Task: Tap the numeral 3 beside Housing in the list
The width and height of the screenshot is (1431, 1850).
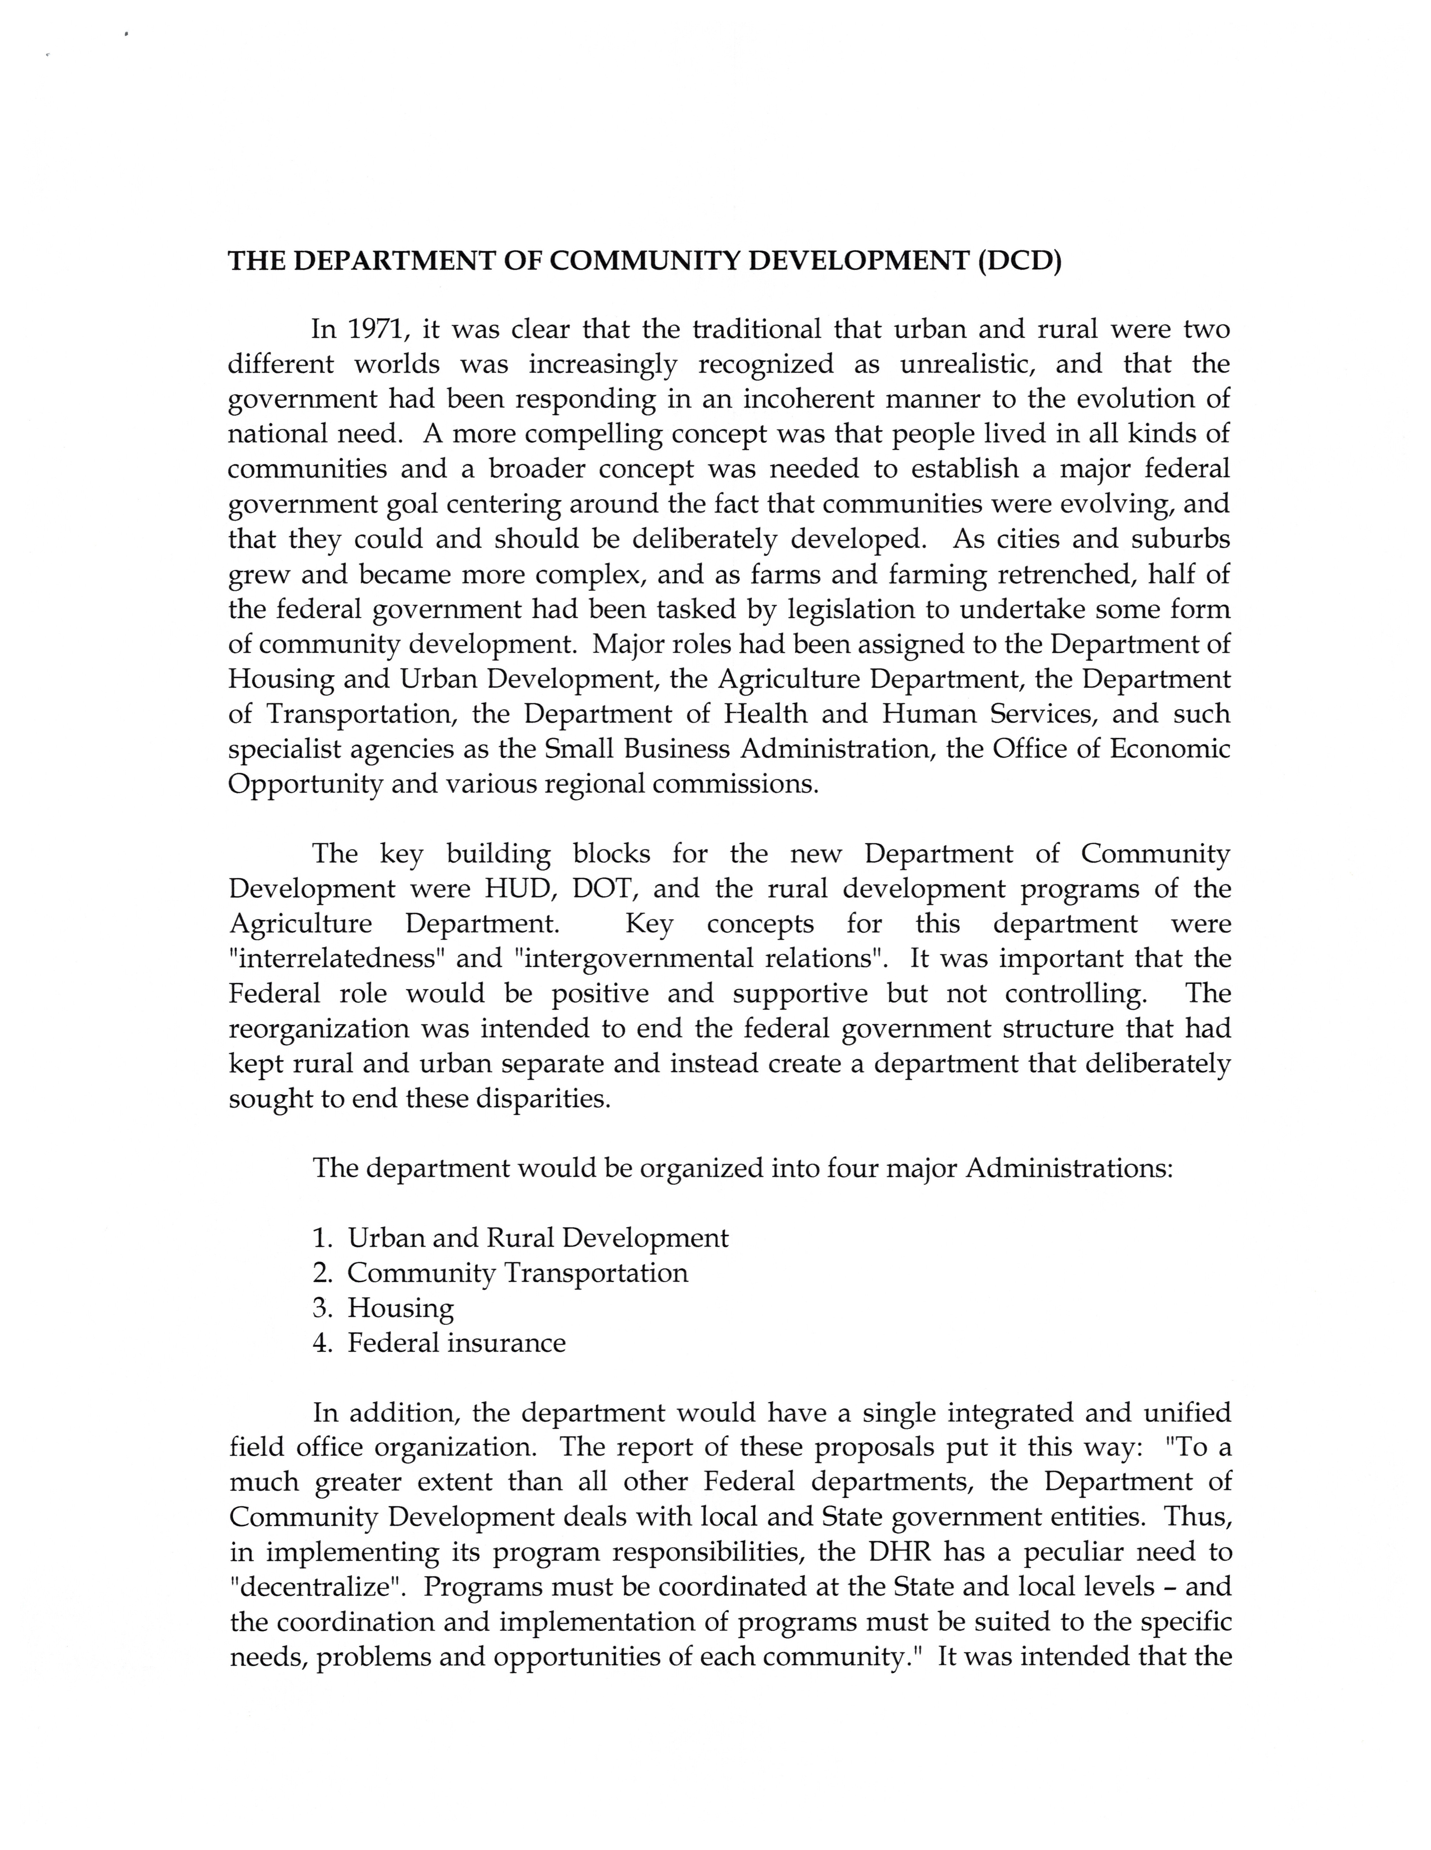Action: click(x=320, y=1309)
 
